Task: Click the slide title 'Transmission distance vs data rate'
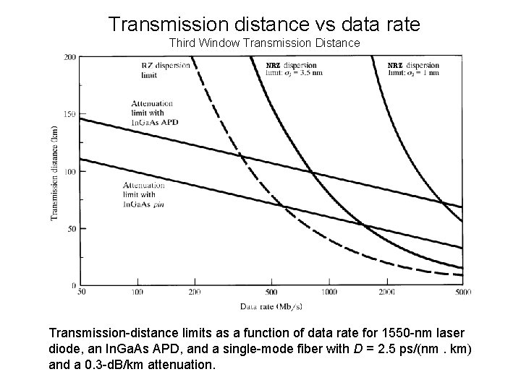[x=264, y=24]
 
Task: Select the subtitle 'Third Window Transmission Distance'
[x=264, y=43]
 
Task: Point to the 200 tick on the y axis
[x=71, y=57]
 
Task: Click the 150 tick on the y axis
[x=71, y=114]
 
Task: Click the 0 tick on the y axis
[x=75, y=285]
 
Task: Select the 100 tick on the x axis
[x=137, y=292]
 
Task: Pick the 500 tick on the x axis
[x=270, y=292]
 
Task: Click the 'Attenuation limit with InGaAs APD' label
[x=154, y=112]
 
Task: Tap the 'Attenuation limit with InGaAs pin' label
[x=145, y=194]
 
